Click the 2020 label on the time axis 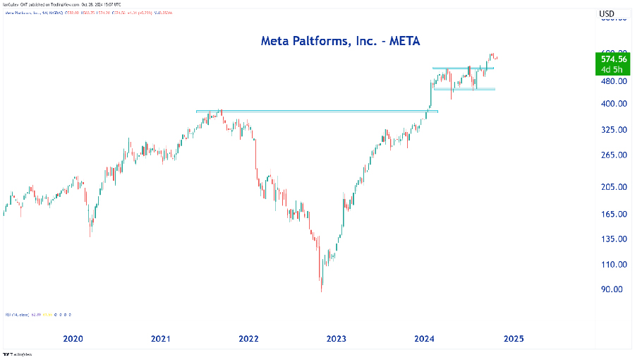click(73, 339)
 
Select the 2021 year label click(161, 339)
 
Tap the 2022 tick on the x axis click(248, 339)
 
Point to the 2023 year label click(337, 339)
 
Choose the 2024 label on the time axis click(425, 339)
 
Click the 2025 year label click(513, 339)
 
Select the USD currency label click(607, 14)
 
